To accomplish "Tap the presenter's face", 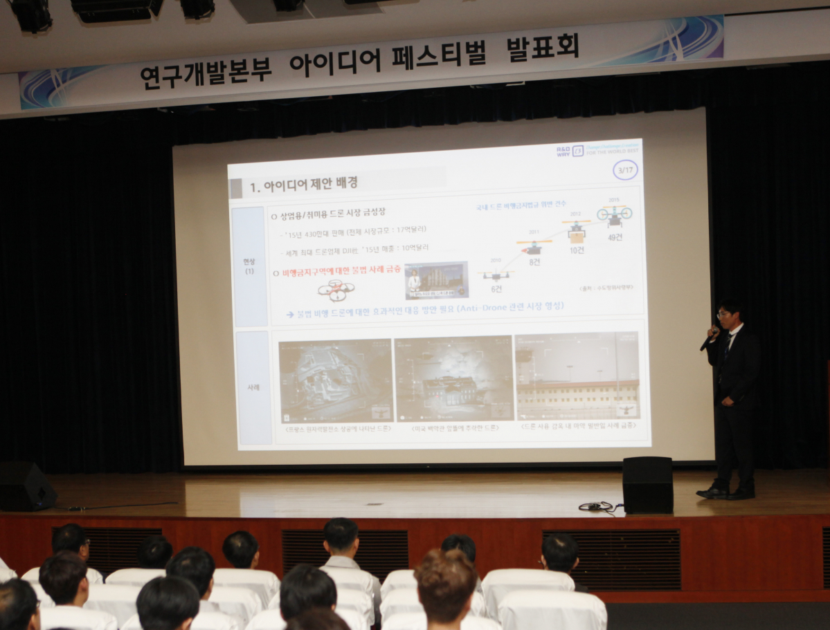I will [x=727, y=317].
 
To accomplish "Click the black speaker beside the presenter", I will [x=647, y=485].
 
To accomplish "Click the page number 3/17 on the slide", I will [x=625, y=169].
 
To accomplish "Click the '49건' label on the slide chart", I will [x=615, y=237].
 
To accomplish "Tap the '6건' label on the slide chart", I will [x=496, y=288].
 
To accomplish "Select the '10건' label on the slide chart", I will [x=576, y=250].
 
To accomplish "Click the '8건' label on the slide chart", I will [x=534, y=262].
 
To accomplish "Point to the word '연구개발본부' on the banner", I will [x=206, y=71].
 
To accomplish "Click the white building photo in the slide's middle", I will [x=453, y=379].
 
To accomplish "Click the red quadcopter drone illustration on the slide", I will [x=336, y=290].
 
